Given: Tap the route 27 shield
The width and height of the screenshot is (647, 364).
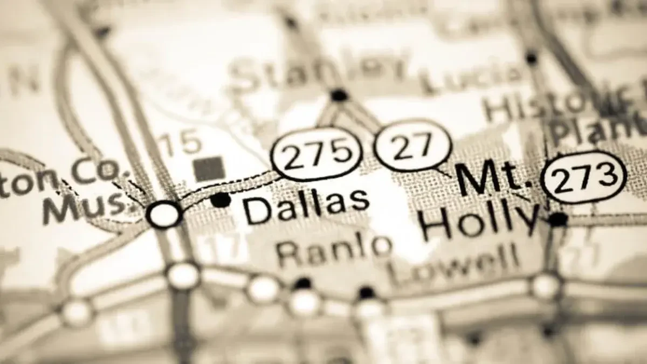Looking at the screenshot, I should pos(412,146).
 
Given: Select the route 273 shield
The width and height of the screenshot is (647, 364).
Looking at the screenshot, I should pos(584,177).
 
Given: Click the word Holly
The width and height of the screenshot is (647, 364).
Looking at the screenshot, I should pos(480,223).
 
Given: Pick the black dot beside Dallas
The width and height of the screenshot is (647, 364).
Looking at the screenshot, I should pos(221,200).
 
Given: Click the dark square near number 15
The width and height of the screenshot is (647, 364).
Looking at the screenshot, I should pos(209,168).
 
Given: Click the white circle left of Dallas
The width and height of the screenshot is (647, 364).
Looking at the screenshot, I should pos(164,214).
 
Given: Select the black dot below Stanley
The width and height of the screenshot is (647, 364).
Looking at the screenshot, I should pos(339,95).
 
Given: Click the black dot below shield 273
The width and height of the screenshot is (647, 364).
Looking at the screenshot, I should pos(557,219).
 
